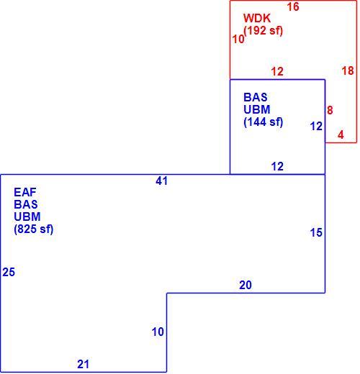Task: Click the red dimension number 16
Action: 293,6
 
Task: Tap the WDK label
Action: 257,18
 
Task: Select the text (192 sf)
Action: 264,31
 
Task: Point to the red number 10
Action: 238,39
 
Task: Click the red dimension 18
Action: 348,70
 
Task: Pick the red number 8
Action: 330,110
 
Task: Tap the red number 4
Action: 341,135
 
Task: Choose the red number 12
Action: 277,72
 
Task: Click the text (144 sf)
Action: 264,122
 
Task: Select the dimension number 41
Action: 161,181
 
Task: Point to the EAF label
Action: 25,192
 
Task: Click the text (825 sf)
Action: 34,229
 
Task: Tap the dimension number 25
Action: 9,272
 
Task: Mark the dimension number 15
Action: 316,232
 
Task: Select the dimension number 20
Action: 246,285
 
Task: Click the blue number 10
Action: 158,332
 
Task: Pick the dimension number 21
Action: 83,364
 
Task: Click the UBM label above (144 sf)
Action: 257,109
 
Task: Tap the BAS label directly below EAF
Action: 26,204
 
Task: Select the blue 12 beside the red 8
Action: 316,127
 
